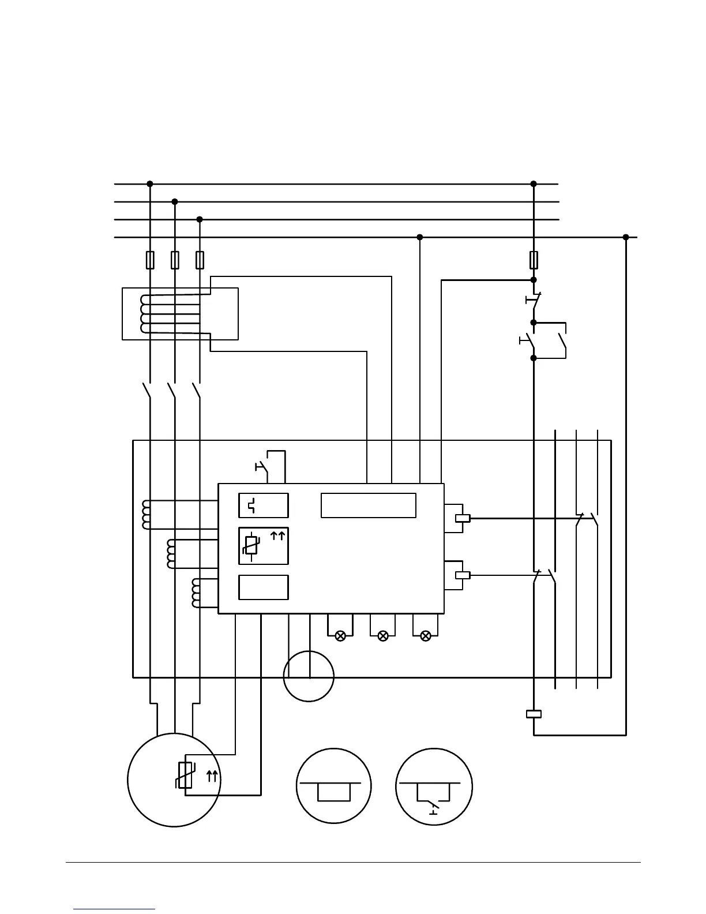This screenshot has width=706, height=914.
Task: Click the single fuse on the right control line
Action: [x=534, y=260]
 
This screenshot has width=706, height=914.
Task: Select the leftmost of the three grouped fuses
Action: [x=150, y=260]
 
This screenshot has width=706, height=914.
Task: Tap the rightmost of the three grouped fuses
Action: [x=200, y=260]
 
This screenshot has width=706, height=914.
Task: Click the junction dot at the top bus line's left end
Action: [x=150, y=184]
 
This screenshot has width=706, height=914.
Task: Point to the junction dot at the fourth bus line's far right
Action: [x=626, y=237]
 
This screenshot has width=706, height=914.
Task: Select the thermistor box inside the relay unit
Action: [x=264, y=546]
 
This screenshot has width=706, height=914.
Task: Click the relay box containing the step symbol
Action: [x=264, y=505]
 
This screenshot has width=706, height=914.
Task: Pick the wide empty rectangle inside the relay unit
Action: [x=369, y=505]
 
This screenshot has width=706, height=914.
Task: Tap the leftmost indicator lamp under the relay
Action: [x=340, y=636]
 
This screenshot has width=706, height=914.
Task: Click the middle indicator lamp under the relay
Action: [x=383, y=636]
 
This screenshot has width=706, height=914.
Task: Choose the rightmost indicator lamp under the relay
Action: [x=426, y=636]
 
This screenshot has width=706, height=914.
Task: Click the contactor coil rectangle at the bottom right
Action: [x=534, y=714]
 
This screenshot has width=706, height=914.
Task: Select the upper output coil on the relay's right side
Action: [x=463, y=518]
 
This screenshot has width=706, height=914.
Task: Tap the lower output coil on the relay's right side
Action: [x=463, y=575]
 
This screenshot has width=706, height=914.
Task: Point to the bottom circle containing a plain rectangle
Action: [x=333, y=786]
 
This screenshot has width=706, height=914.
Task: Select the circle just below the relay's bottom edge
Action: [x=309, y=676]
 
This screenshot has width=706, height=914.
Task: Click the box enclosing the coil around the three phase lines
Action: [x=180, y=314]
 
